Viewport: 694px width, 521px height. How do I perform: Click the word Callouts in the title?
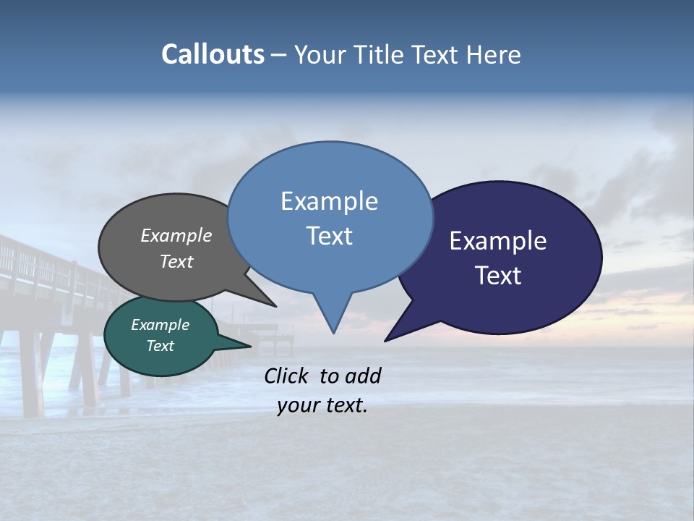(213, 54)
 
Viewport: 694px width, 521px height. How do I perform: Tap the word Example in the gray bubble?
(176, 235)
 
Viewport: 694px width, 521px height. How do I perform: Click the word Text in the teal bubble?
(160, 346)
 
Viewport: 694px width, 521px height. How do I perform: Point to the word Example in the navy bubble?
(498, 241)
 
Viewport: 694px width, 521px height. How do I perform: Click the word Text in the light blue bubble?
(330, 236)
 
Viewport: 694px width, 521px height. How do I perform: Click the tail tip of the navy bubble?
(386, 340)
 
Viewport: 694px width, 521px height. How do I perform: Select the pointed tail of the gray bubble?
(274, 305)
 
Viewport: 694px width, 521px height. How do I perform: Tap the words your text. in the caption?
(322, 405)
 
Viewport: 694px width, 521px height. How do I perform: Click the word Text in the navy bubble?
(499, 276)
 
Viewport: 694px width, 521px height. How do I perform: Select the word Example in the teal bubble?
(160, 325)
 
